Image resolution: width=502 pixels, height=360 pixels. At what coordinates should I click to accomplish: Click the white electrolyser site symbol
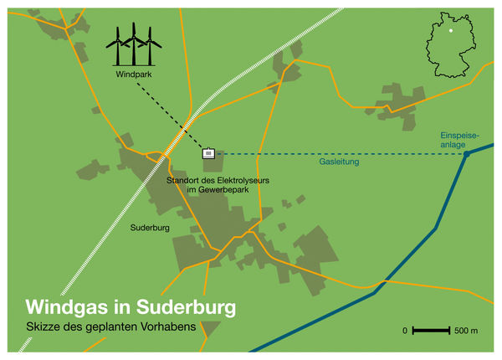(x=209, y=153)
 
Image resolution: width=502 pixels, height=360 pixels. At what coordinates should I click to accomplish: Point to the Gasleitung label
(x=339, y=162)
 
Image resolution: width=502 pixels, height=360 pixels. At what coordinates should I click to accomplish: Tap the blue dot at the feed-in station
(x=467, y=154)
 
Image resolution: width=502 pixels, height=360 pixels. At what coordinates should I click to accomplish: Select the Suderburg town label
(x=151, y=227)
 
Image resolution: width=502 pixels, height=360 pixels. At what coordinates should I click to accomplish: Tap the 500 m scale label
(x=466, y=332)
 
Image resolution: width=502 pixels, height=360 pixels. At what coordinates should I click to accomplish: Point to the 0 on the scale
(x=405, y=332)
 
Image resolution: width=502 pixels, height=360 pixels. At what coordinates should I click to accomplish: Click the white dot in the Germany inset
(x=451, y=30)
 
